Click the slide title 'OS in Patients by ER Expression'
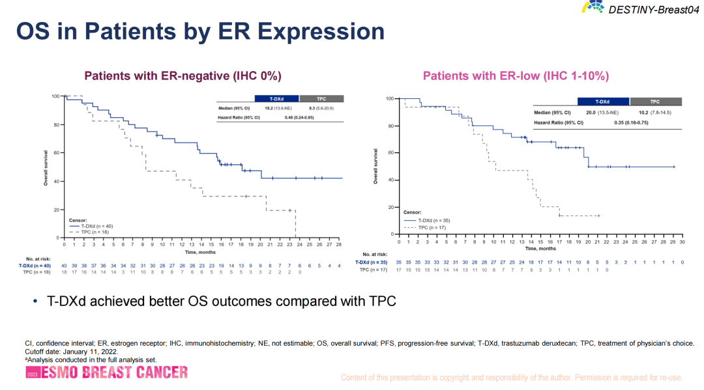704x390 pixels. coord(200,31)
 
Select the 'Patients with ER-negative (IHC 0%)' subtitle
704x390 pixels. coord(183,76)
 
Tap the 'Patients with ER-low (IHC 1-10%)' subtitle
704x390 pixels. coord(516,76)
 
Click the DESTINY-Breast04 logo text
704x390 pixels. coord(652,8)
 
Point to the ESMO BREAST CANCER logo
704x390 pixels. coord(107,372)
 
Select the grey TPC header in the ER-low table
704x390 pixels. coord(654,102)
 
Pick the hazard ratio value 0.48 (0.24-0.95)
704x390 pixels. coord(300,117)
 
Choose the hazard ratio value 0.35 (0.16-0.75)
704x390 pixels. coord(628,122)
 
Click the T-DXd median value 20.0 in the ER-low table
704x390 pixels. coord(591,112)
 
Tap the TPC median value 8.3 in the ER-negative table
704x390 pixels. coord(312,107)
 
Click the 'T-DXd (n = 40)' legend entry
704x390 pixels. coord(96,226)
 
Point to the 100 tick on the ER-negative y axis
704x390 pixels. coord(55,96)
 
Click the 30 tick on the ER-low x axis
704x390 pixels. coord(682,242)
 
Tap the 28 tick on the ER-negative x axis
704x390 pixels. coord(340,245)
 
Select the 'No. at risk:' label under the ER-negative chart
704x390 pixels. coord(38,258)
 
